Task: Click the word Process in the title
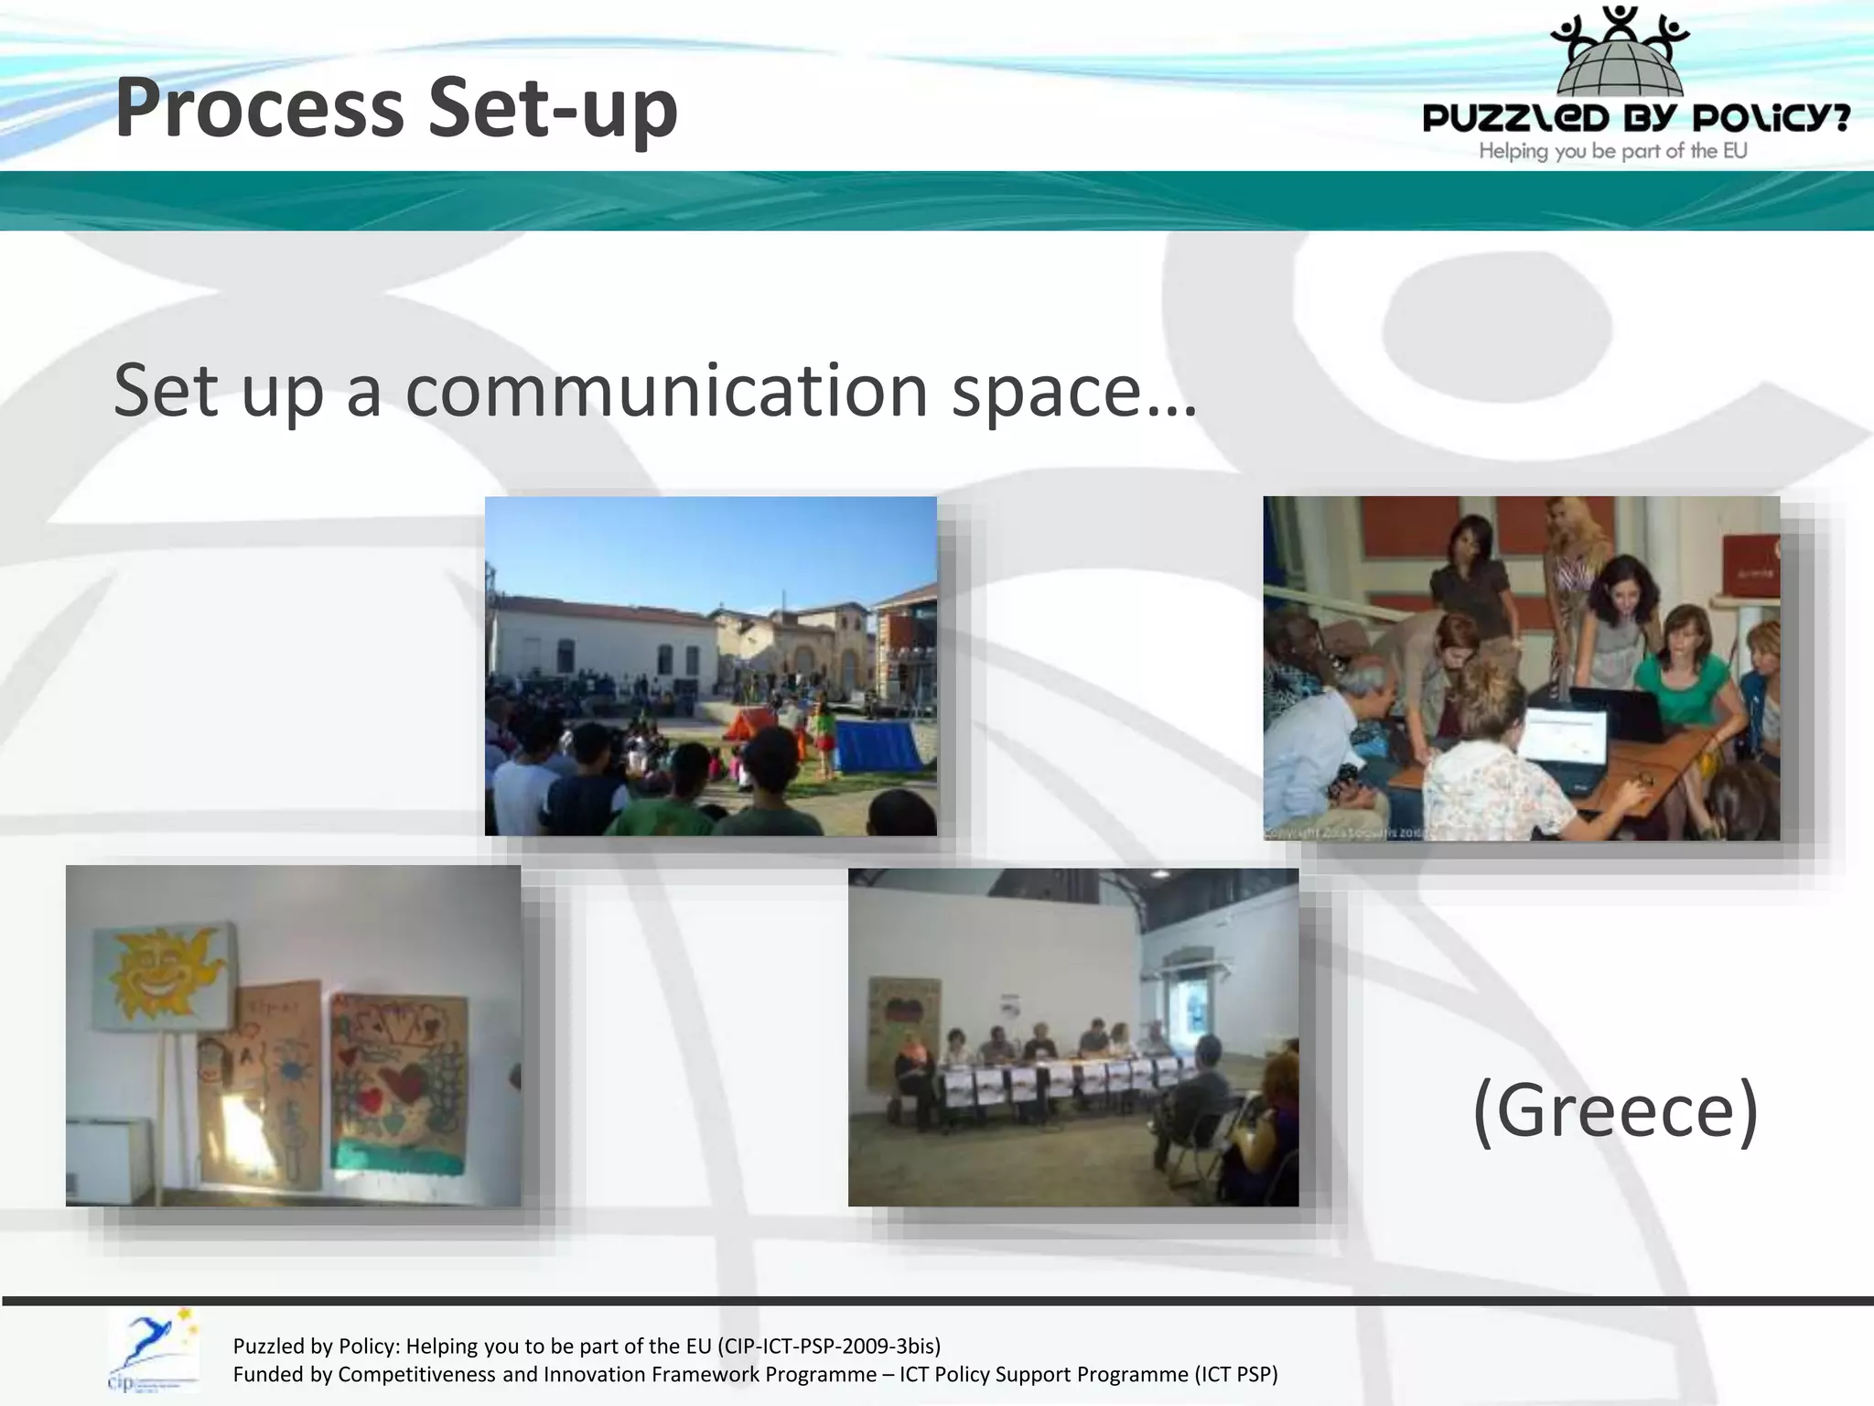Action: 260,108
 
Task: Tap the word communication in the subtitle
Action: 667,391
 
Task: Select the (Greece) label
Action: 1616,1109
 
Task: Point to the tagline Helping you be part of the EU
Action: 1613,151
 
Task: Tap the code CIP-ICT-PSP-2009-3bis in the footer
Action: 829,1346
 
